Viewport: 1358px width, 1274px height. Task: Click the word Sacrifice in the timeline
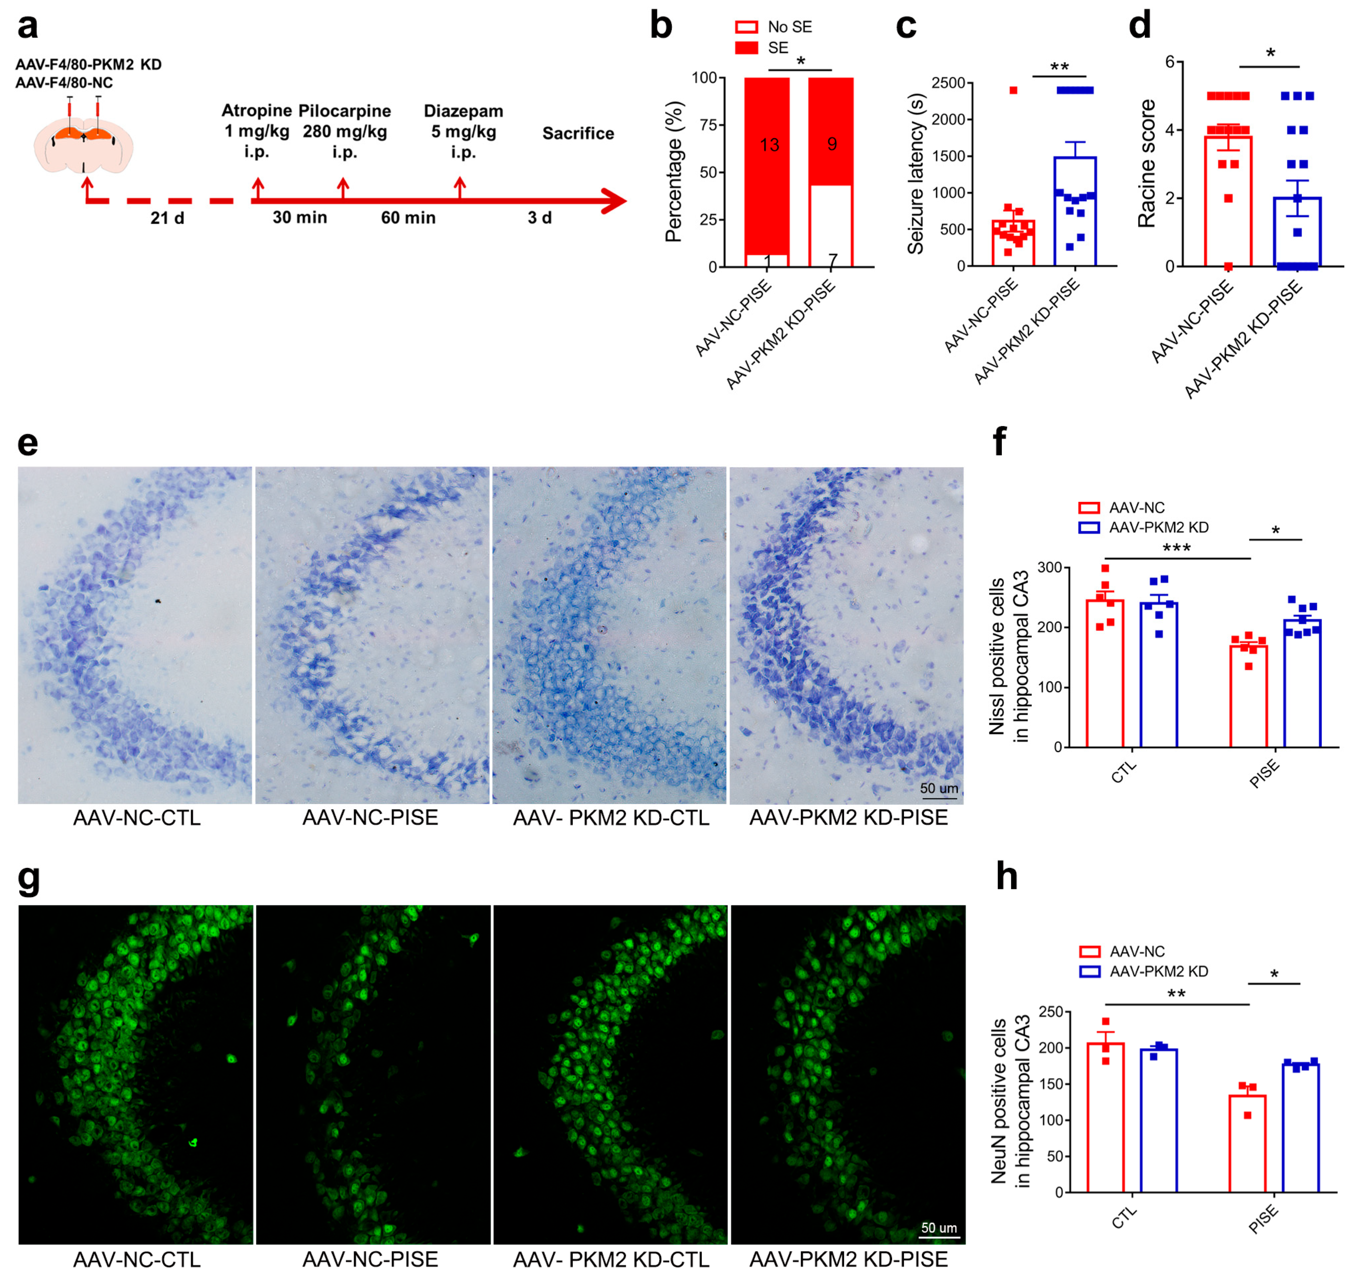(578, 133)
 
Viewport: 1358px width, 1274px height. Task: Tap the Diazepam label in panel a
(463, 111)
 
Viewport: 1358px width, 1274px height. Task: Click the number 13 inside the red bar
(769, 145)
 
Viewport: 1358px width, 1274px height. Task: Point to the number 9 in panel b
(831, 143)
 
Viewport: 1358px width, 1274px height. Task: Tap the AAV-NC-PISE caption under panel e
(370, 818)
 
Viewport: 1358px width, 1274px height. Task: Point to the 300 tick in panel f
(1049, 568)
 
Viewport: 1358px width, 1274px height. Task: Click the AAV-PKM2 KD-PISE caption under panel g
(849, 1259)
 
